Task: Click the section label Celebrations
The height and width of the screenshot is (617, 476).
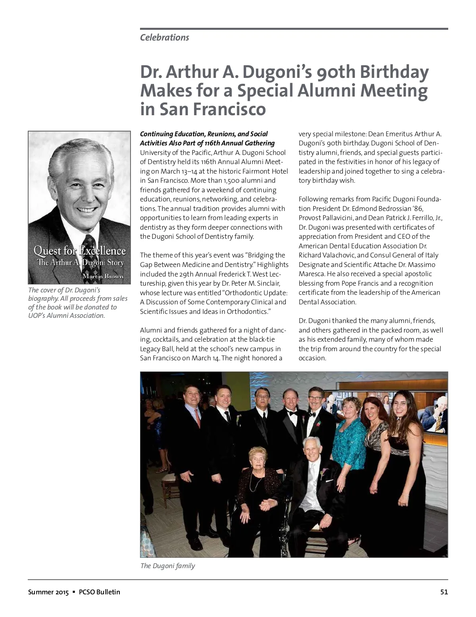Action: (164, 37)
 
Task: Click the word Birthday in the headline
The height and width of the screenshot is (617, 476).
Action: (394, 72)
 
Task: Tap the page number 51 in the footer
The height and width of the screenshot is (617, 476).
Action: (444, 592)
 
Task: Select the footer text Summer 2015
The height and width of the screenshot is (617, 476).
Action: (48, 592)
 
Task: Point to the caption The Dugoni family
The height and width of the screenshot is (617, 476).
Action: (167, 565)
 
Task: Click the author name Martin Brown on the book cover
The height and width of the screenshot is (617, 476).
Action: (103, 276)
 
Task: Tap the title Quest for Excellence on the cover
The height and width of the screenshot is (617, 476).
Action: (79, 251)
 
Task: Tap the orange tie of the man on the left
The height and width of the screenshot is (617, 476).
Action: (198, 418)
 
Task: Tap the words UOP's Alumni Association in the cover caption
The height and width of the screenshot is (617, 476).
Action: (66, 315)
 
